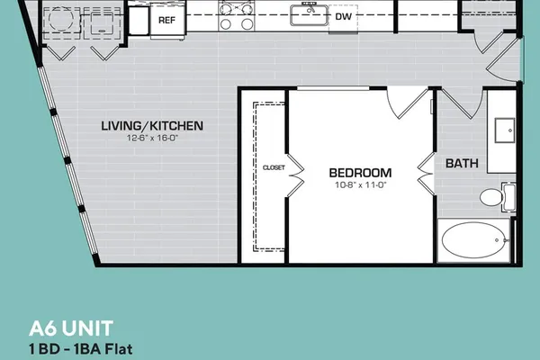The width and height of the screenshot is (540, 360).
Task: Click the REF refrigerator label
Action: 166,21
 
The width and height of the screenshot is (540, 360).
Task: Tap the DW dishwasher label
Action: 344,16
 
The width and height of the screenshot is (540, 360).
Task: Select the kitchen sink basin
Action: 309,15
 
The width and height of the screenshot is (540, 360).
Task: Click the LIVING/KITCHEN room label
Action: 152,126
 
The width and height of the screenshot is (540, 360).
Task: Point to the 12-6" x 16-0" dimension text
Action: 152,138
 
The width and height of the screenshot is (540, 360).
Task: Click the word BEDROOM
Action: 360,173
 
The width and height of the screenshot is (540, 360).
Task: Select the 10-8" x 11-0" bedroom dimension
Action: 361,185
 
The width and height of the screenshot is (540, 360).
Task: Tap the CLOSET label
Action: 274,167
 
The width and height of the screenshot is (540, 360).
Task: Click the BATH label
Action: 462,163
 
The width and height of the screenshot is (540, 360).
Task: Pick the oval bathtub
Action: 473,240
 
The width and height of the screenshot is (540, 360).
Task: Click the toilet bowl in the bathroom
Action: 491,197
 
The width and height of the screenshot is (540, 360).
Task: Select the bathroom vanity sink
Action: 505,130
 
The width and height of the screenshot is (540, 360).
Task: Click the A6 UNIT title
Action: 71,328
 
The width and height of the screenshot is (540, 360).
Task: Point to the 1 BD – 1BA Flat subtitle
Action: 81,349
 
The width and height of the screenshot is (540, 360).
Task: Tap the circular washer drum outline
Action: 61,18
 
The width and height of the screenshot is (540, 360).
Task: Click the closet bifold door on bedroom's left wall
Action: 295,175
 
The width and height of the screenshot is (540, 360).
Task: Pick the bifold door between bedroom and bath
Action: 427,174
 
